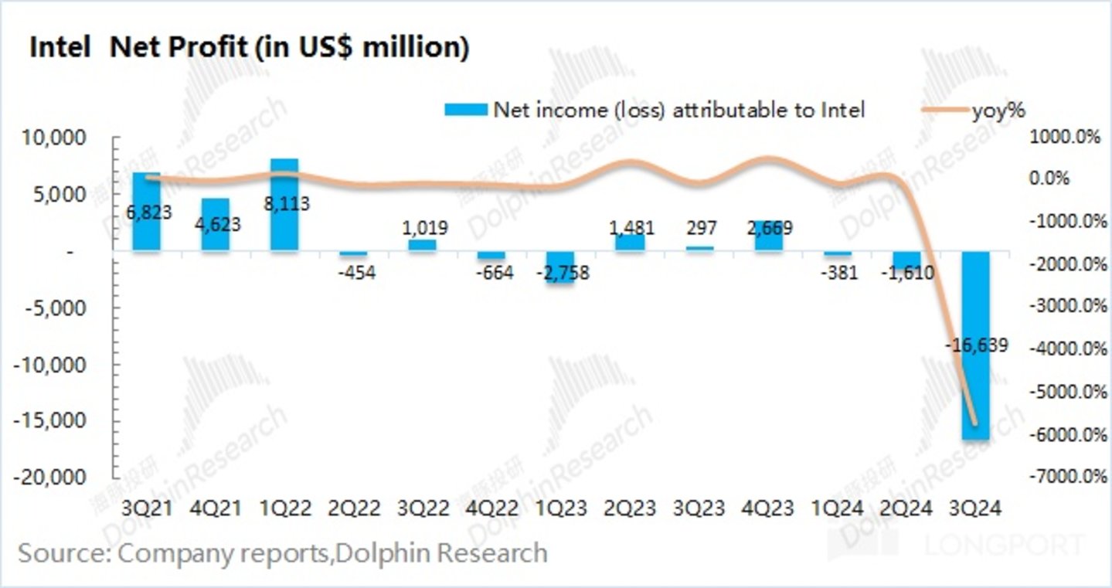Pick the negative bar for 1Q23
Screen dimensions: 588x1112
tap(560, 267)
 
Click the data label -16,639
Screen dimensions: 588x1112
tap(976, 345)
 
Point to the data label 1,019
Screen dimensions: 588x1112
tap(422, 228)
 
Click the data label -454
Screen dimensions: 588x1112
tap(353, 273)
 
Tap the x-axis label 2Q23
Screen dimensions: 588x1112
tap(630, 508)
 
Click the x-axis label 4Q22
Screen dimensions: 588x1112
tap(491, 508)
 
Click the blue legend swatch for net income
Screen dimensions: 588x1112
tap(465, 110)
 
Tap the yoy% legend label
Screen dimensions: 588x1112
tap(998, 110)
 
